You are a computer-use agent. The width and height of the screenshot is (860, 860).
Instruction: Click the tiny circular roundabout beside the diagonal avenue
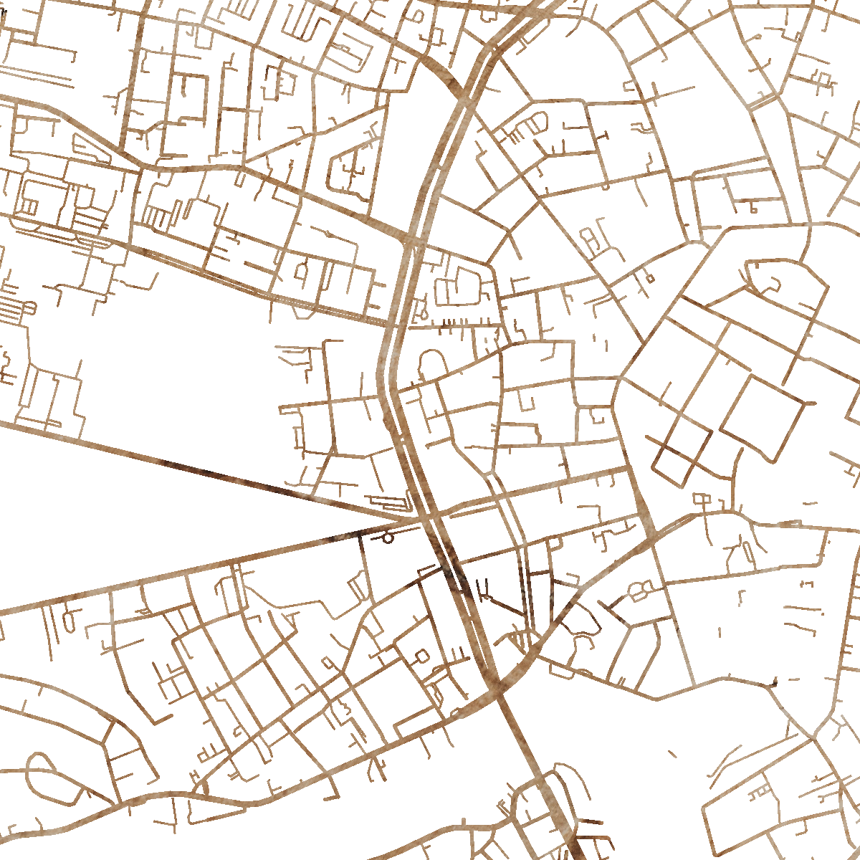[x=388, y=537]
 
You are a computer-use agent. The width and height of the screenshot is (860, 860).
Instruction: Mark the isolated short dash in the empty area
[x=672, y=753]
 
